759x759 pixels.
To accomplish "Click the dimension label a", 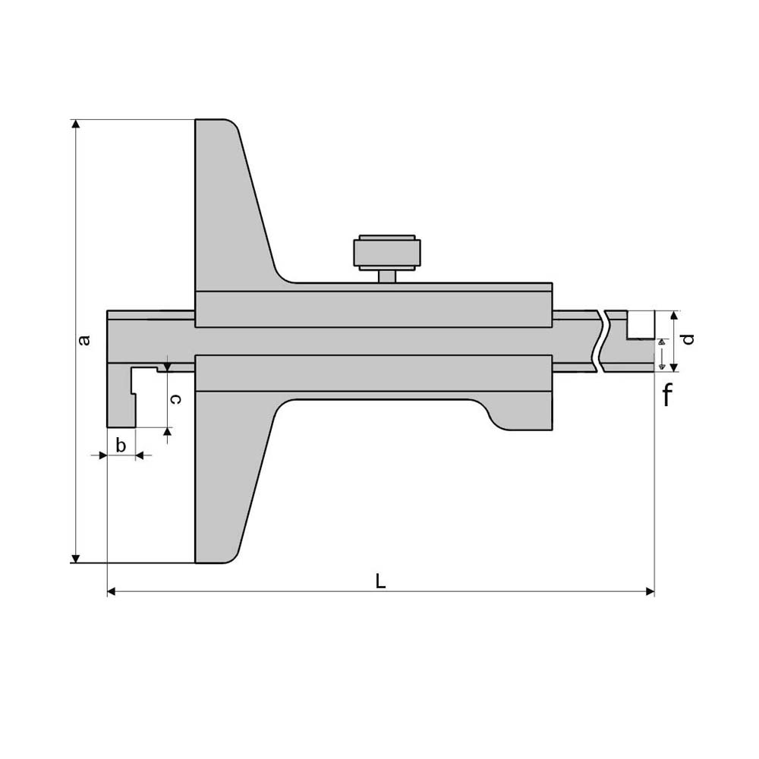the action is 84,340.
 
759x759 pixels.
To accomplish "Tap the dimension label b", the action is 121,445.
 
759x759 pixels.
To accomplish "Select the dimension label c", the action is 177,399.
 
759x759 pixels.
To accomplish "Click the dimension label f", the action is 667,395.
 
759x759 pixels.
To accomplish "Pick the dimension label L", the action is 381,581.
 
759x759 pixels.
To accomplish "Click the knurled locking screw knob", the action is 387,252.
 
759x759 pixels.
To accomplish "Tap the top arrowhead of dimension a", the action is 75,124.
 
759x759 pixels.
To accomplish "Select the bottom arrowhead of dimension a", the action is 75,559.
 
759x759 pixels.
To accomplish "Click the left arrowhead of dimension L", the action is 112,591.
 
